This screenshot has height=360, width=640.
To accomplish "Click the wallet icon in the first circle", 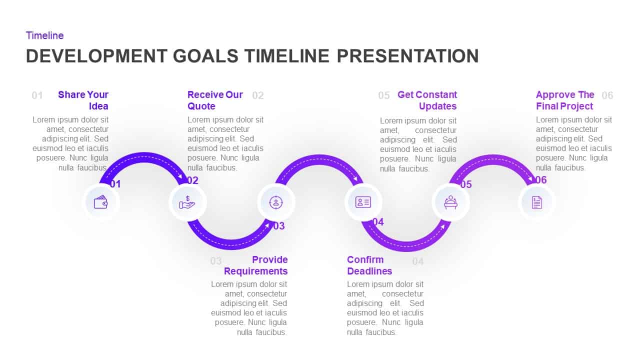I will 101,202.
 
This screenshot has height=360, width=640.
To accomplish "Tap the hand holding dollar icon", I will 187,202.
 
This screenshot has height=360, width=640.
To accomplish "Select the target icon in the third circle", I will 275,202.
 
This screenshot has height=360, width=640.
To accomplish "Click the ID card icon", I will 363,202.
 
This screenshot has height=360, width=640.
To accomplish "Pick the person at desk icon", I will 450,202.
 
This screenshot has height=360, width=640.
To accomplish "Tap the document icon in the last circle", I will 536,202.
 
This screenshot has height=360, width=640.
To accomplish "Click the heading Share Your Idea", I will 83,100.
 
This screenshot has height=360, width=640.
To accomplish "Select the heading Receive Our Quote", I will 215,100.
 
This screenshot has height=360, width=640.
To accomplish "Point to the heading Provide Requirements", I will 256,265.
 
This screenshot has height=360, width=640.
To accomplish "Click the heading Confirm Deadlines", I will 369,265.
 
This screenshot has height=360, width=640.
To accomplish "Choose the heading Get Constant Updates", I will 427,100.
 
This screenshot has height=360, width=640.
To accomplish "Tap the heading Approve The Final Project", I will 565,100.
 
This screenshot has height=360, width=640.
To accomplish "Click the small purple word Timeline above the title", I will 44,35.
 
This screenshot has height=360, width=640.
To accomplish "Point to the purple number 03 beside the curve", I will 278,226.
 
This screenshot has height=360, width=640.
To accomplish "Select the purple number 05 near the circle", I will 465,184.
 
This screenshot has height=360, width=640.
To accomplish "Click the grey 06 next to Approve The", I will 607,95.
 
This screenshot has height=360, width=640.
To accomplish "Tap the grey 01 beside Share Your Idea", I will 37,95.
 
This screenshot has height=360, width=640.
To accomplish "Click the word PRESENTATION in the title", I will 407,56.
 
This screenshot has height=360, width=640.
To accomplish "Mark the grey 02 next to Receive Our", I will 257,95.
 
